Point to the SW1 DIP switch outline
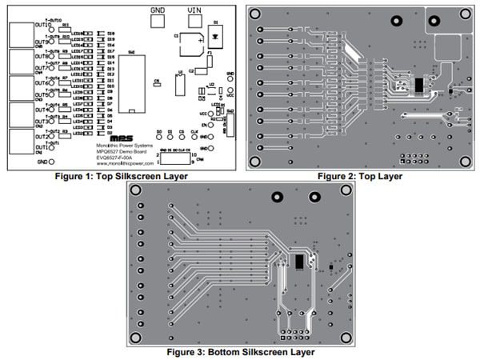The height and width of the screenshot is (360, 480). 130,83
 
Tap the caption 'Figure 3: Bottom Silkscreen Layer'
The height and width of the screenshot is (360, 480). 240,351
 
